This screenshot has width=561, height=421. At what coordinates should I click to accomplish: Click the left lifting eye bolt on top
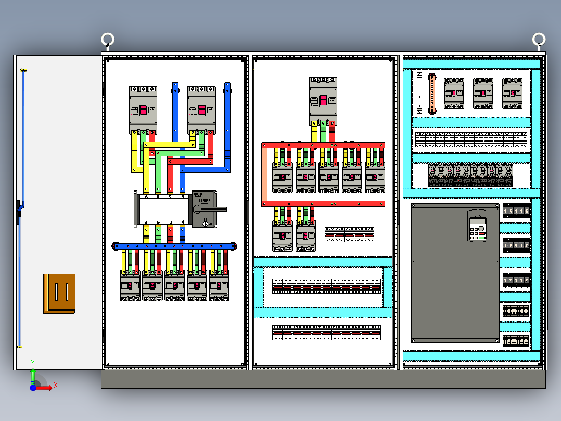click(108, 40)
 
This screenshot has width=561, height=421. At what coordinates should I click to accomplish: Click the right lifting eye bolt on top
click(539, 40)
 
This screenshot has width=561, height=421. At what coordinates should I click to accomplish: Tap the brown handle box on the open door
click(59, 293)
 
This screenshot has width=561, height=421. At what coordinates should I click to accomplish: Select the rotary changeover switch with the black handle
click(204, 209)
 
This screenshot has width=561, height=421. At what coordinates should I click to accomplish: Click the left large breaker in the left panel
click(143, 109)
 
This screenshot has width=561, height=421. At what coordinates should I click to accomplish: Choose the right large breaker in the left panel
click(201, 109)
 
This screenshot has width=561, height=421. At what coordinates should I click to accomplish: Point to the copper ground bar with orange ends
click(431, 93)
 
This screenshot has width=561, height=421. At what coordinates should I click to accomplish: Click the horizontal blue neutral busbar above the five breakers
click(174, 246)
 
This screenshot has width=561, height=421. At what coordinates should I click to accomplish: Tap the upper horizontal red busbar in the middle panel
click(323, 145)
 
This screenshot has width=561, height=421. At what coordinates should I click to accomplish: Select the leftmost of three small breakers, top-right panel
click(454, 93)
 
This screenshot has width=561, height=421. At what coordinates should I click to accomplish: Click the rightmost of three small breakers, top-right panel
click(512, 93)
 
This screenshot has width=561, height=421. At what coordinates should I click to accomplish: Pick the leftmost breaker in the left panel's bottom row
click(130, 286)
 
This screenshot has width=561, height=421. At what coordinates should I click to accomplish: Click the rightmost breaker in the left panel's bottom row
click(220, 286)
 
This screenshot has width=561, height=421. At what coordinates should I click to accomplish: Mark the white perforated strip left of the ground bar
click(419, 93)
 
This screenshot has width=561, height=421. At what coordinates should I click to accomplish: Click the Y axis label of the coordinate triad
click(33, 362)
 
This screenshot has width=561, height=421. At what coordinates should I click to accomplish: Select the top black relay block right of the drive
click(516, 210)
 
